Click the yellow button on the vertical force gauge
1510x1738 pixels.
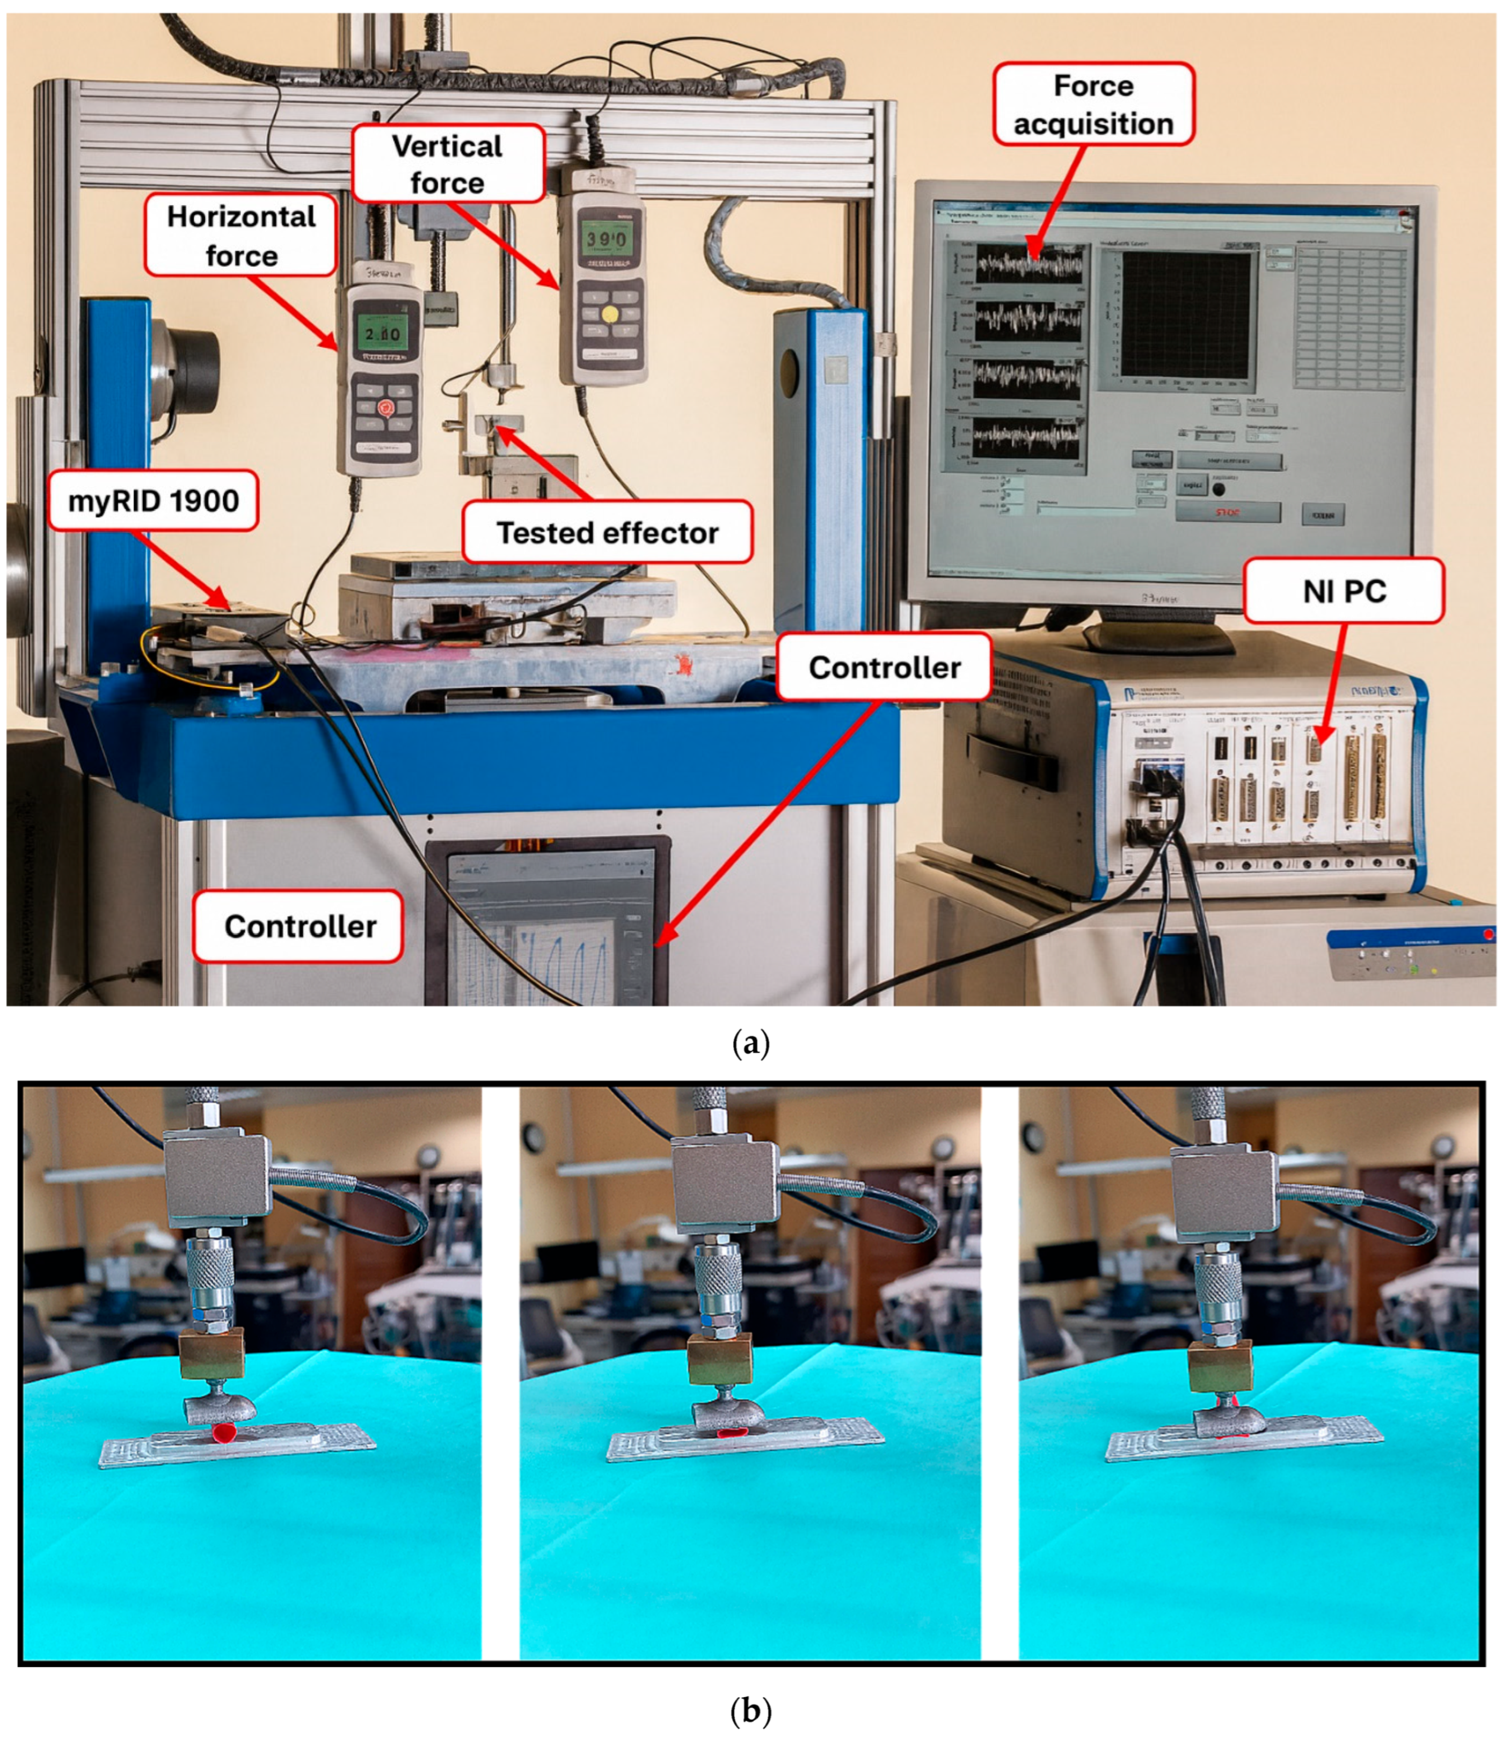(609, 314)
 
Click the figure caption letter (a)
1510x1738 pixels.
(752, 1044)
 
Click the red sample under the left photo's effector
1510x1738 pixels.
(224, 1432)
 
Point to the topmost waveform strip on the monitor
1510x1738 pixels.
(1029, 263)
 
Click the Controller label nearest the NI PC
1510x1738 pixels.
(884, 667)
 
